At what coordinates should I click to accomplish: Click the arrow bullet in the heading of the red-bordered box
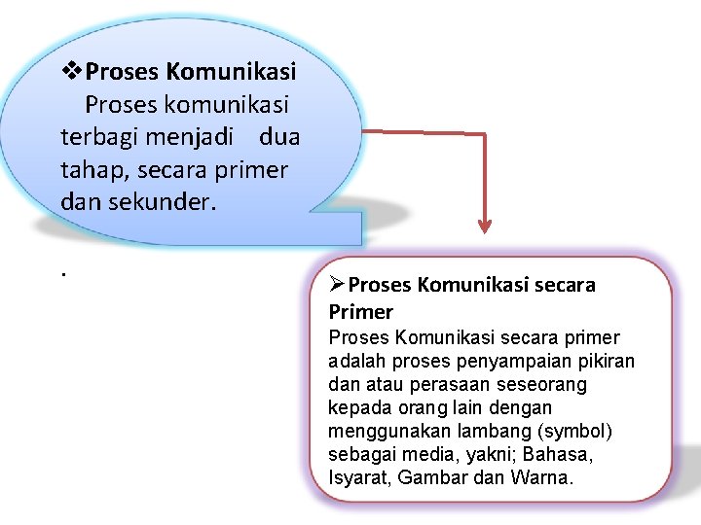(337, 284)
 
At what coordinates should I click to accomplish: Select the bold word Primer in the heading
(361, 312)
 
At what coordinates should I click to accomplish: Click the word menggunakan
(381, 432)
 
